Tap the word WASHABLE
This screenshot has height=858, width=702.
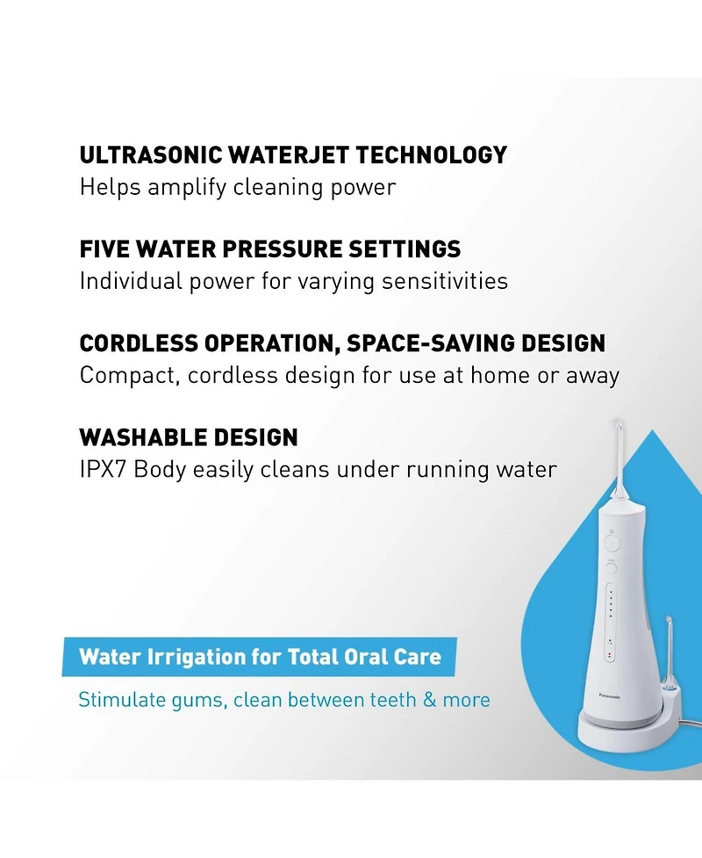(x=132, y=437)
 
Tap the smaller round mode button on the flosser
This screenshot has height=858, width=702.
(x=611, y=568)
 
